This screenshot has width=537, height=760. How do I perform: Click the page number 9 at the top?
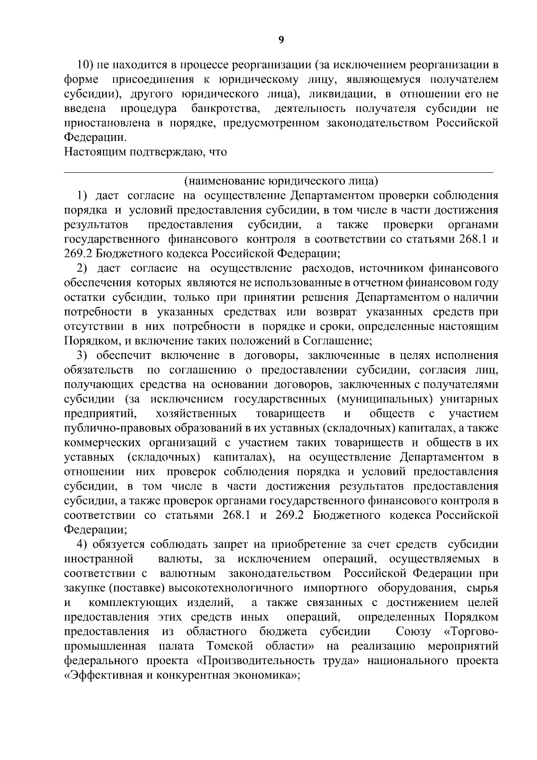(x=281, y=41)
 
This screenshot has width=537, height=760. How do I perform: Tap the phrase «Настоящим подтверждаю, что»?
(x=146, y=152)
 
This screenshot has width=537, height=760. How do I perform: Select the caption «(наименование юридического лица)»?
(x=281, y=181)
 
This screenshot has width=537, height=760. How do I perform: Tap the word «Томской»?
(x=230, y=646)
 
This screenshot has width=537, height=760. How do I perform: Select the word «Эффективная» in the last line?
(x=102, y=675)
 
